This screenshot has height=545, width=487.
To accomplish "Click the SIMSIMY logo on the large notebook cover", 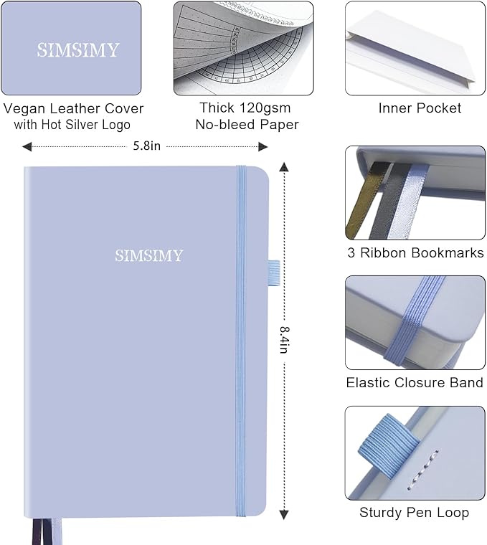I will click(148, 255).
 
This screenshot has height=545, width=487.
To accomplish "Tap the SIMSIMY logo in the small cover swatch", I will click(78, 50).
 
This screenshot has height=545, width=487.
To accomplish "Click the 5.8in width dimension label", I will click(147, 146).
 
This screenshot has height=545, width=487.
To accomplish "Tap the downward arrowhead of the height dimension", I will click(284, 513).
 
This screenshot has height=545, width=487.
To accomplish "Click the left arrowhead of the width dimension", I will click(27, 146).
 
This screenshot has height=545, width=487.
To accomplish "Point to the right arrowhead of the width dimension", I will click(263, 146).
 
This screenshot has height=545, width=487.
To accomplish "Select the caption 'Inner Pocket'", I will click(420, 108).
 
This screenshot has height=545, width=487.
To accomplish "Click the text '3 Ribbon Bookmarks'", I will click(415, 252).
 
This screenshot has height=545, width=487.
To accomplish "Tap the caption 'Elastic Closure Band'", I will click(415, 382).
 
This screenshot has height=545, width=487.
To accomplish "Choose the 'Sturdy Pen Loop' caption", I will click(414, 512).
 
